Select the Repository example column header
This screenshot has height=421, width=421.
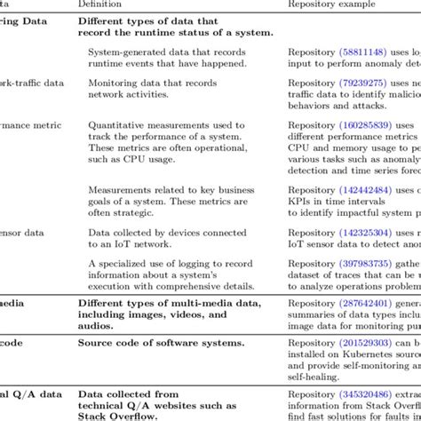pos(329,4)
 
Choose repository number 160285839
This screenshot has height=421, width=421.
pos(364,126)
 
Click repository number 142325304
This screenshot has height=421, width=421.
pos(364,233)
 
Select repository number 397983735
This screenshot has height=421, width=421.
pos(364,264)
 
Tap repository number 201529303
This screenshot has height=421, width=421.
pos(364,343)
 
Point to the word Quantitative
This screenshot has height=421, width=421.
pos(118,126)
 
